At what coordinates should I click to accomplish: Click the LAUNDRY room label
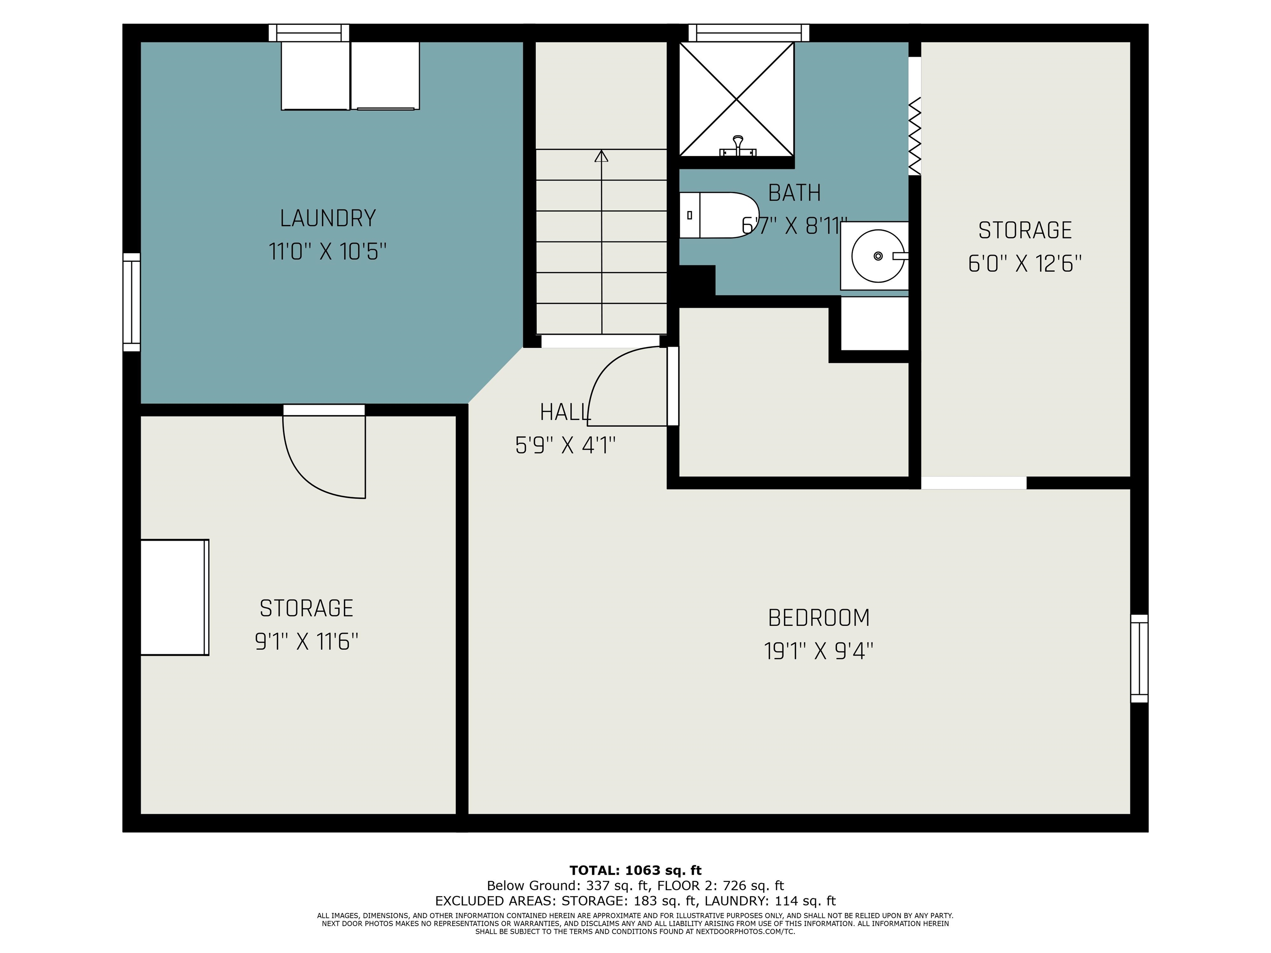tap(328, 218)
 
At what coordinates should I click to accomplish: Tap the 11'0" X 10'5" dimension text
tap(328, 251)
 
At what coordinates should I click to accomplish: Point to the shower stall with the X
tap(736, 99)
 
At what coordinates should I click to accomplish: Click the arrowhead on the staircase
tap(601, 156)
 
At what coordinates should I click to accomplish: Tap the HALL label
tap(564, 412)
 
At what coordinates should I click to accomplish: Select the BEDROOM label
tap(819, 618)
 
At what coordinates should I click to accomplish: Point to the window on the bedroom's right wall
tap(1139, 658)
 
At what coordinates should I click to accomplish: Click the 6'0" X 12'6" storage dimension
tap(1024, 263)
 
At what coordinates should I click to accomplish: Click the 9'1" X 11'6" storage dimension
tap(306, 641)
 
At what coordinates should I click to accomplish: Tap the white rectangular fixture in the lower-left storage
tap(174, 597)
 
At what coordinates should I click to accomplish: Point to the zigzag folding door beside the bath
tap(914, 136)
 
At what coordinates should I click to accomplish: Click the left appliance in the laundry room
tap(315, 75)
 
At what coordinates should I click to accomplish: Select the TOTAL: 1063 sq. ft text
tap(635, 870)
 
